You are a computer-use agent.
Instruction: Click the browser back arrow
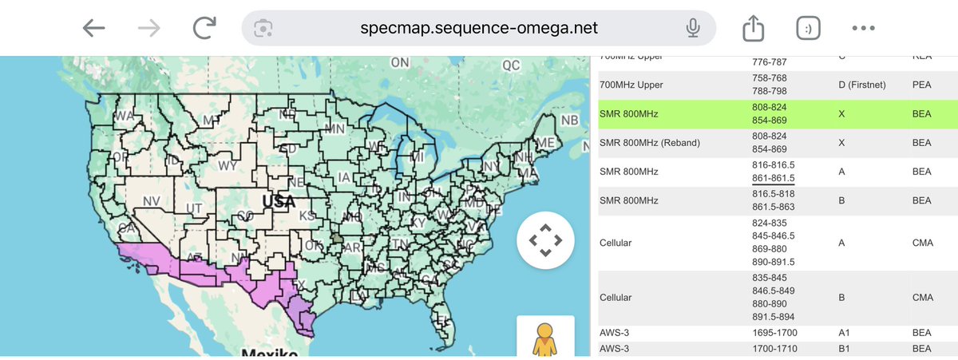tap(94, 28)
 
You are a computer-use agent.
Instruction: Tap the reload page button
tap(205, 28)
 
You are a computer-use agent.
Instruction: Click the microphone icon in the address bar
tap(693, 28)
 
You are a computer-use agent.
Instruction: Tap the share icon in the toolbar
tap(753, 28)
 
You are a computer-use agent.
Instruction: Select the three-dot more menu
tap(864, 28)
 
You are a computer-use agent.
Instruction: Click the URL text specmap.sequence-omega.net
tap(478, 28)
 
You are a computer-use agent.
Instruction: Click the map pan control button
tap(545, 239)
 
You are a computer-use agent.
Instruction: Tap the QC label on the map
tap(511, 65)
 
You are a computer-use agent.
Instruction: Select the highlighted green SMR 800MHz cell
tap(629, 114)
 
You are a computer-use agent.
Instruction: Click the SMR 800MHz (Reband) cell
tap(649, 143)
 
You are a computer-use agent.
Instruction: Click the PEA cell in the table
tap(922, 85)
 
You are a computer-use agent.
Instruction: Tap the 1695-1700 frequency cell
tap(774, 333)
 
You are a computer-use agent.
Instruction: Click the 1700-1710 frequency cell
tap(774, 349)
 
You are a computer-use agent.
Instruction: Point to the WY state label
tap(227, 166)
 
